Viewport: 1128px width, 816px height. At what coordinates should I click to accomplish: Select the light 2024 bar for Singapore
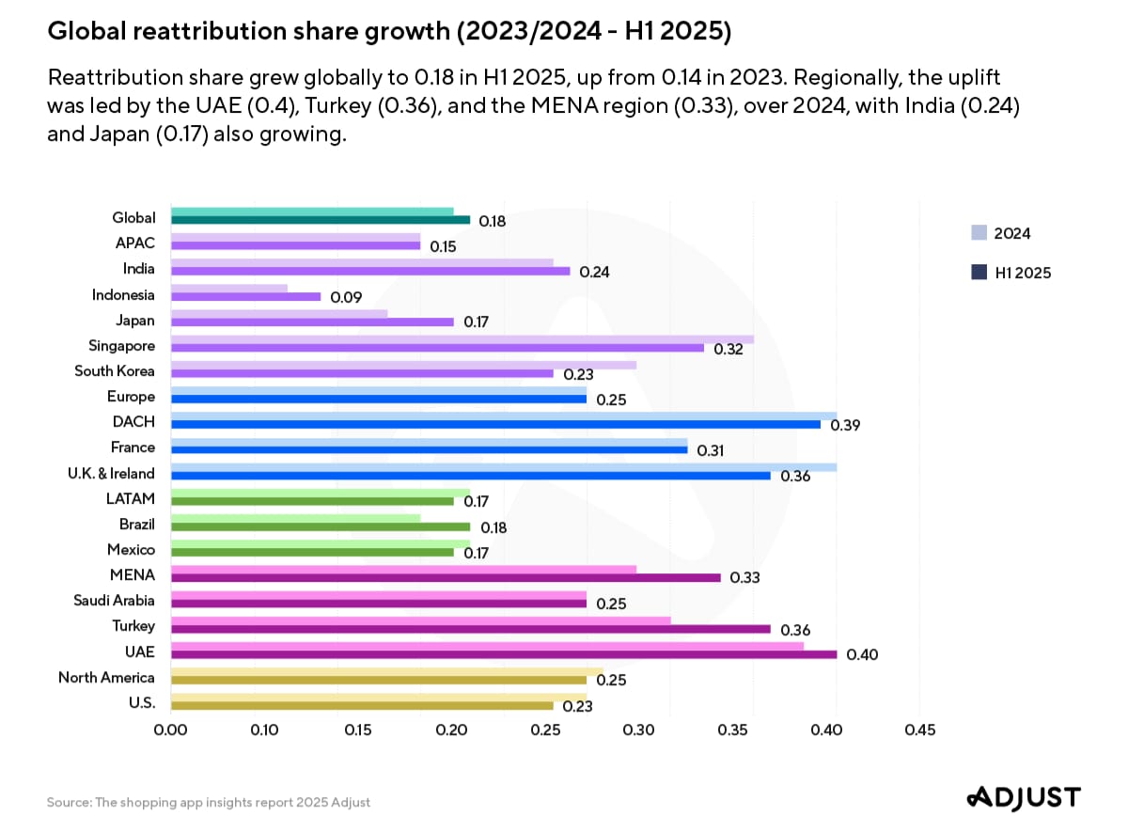pos(462,339)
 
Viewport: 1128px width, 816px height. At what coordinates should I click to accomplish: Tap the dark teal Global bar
pos(320,220)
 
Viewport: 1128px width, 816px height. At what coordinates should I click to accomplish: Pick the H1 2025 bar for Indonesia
pos(245,296)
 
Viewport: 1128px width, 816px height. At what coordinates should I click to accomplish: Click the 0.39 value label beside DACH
pos(845,425)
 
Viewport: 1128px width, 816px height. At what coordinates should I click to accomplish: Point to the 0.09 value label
pos(345,297)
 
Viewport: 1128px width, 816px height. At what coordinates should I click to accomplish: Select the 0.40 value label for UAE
pos(862,654)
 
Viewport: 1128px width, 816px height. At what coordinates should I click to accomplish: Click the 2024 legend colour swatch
pos(979,233)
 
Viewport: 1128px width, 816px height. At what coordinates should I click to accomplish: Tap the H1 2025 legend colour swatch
pos(979,273)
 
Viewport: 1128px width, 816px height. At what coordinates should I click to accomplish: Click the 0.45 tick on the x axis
pos(919,730)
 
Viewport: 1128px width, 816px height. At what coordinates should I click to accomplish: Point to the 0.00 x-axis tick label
pos(169,730)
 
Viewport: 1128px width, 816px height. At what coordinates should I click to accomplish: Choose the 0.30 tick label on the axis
pos(638,730)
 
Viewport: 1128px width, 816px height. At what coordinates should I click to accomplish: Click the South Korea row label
pos(115,371)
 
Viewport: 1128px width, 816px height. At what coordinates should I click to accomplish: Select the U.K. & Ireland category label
pos(105,474)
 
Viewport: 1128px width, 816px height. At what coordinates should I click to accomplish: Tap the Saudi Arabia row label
pos(115,601)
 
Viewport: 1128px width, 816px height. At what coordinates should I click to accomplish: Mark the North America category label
pos(106,678)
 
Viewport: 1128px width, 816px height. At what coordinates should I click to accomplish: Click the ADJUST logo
pos(1024,796)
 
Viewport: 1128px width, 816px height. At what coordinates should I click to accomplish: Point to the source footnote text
pos(209,802)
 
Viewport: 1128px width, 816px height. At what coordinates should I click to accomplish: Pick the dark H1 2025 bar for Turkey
pos(470,629)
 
